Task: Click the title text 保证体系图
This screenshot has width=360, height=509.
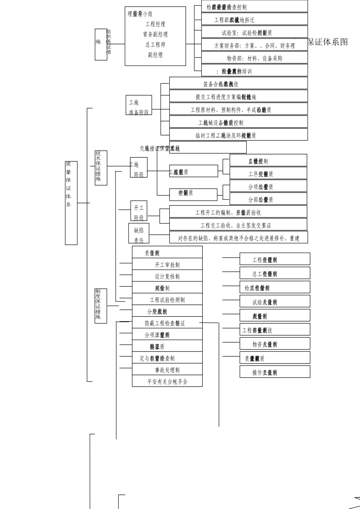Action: tap(328, 42)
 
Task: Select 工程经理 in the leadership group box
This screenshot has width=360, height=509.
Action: tap(155, 24)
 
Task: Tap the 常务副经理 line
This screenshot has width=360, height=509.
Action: tap(155, 34)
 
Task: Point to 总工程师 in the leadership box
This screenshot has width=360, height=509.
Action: tap(155, 45)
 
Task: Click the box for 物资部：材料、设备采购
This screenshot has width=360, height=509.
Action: tap(254, 58)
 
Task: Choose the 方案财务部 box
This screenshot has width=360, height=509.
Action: tap(254, 46)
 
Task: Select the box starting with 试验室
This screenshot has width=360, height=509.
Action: tap(254, 33)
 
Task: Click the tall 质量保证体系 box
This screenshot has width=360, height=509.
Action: tap(71, 203)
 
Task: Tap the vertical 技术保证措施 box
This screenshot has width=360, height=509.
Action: tap(101, 168)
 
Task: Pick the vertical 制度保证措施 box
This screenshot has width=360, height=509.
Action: tap(101, 306)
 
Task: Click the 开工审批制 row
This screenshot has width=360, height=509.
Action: tap(167, 265)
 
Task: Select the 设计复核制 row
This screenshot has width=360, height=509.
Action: tap(167, 276)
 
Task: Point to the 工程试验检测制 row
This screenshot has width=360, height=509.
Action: tap(167, 300)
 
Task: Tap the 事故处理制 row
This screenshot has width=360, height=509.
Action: tap(167, 370)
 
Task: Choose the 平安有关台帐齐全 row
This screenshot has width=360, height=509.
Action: tap(167, 382)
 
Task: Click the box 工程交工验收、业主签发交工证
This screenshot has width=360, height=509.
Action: tap(238, 225)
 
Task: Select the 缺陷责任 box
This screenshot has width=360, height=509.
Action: tap(139, 233)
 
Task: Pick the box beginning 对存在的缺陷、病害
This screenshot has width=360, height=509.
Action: tap(238, 238)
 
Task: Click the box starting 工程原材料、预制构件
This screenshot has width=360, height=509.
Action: tap(238, 110)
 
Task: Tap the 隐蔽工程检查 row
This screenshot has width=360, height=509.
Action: tap(167, 323)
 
